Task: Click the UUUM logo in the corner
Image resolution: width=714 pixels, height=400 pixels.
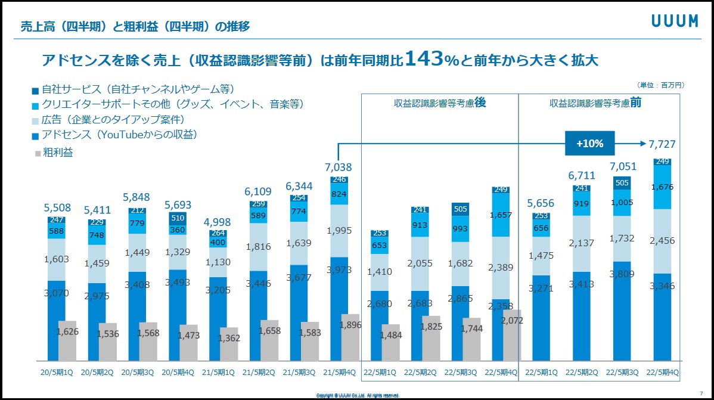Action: (674, 21)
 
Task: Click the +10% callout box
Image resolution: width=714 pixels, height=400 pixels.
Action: (590, 144)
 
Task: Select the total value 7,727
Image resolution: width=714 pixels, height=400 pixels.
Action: (663, 144)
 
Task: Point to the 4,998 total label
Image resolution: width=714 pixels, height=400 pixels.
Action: (218, 223)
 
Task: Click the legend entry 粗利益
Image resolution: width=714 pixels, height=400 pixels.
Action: (57, 153)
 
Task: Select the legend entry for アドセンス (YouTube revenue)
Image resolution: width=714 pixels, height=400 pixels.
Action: (119, 135)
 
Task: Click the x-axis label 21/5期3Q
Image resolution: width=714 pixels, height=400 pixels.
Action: (299, 373)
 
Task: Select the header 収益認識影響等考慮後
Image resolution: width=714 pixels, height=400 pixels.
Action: (440, 103)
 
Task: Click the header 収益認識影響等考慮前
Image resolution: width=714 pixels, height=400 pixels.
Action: (595, 103)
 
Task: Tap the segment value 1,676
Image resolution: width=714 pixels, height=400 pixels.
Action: (663, 187)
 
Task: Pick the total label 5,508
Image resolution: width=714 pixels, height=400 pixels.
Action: (57, 208)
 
